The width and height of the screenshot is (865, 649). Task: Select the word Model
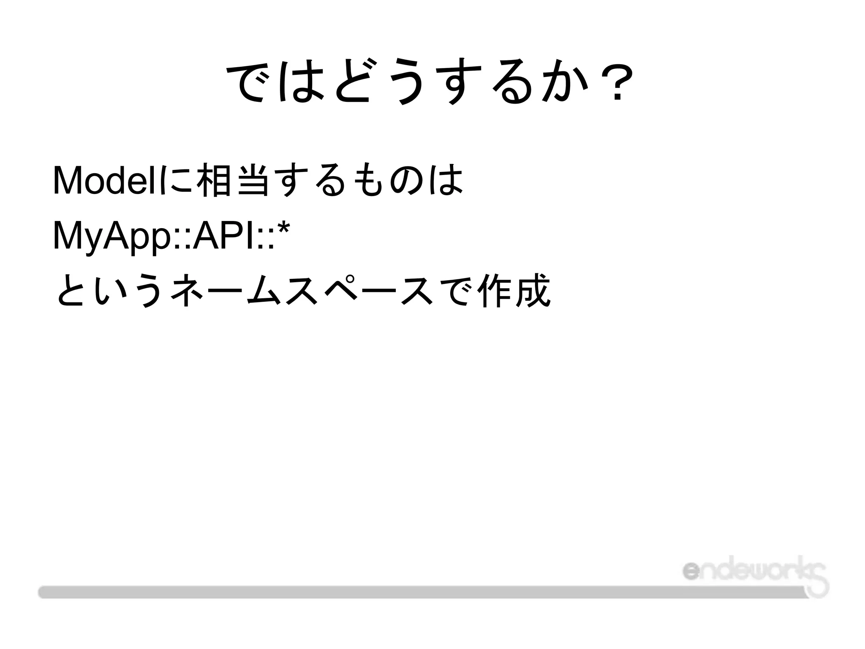105,180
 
